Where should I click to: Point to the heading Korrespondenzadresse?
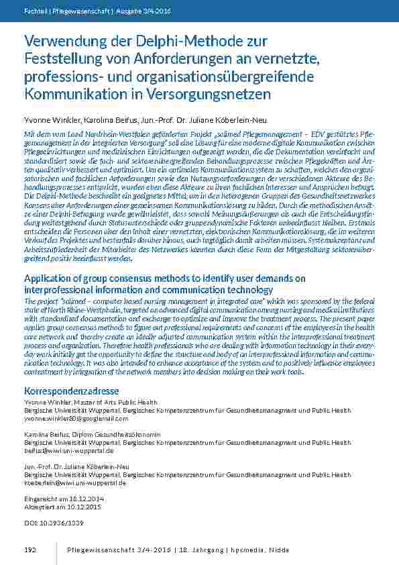(x=72, y=390)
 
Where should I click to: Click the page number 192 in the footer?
(x=30, y=550)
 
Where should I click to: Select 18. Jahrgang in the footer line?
(x=199, y=550)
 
